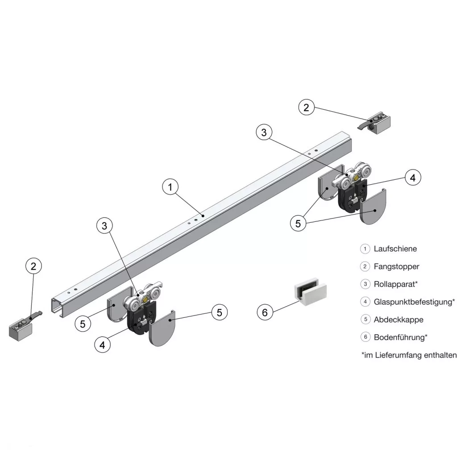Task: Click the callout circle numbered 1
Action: pyautogui.click(x=170, y=187)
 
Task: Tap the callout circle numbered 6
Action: pyautogui.click(x=265, y=312)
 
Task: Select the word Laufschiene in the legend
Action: pyautogui.click(x=395, y=249)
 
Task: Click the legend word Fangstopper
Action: pyautogui.click(x=396, y=266)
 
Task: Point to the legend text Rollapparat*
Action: pyautogui.click(x=396, y=284)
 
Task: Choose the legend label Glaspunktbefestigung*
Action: pyautogui.click(x=414, y=302)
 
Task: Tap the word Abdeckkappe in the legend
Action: pyautogui.click(x=399, y=320)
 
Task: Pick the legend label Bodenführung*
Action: pyautogui.click(x=400, y=337)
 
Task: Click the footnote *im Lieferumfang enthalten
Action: pyautogui.click(x=409, y=355)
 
